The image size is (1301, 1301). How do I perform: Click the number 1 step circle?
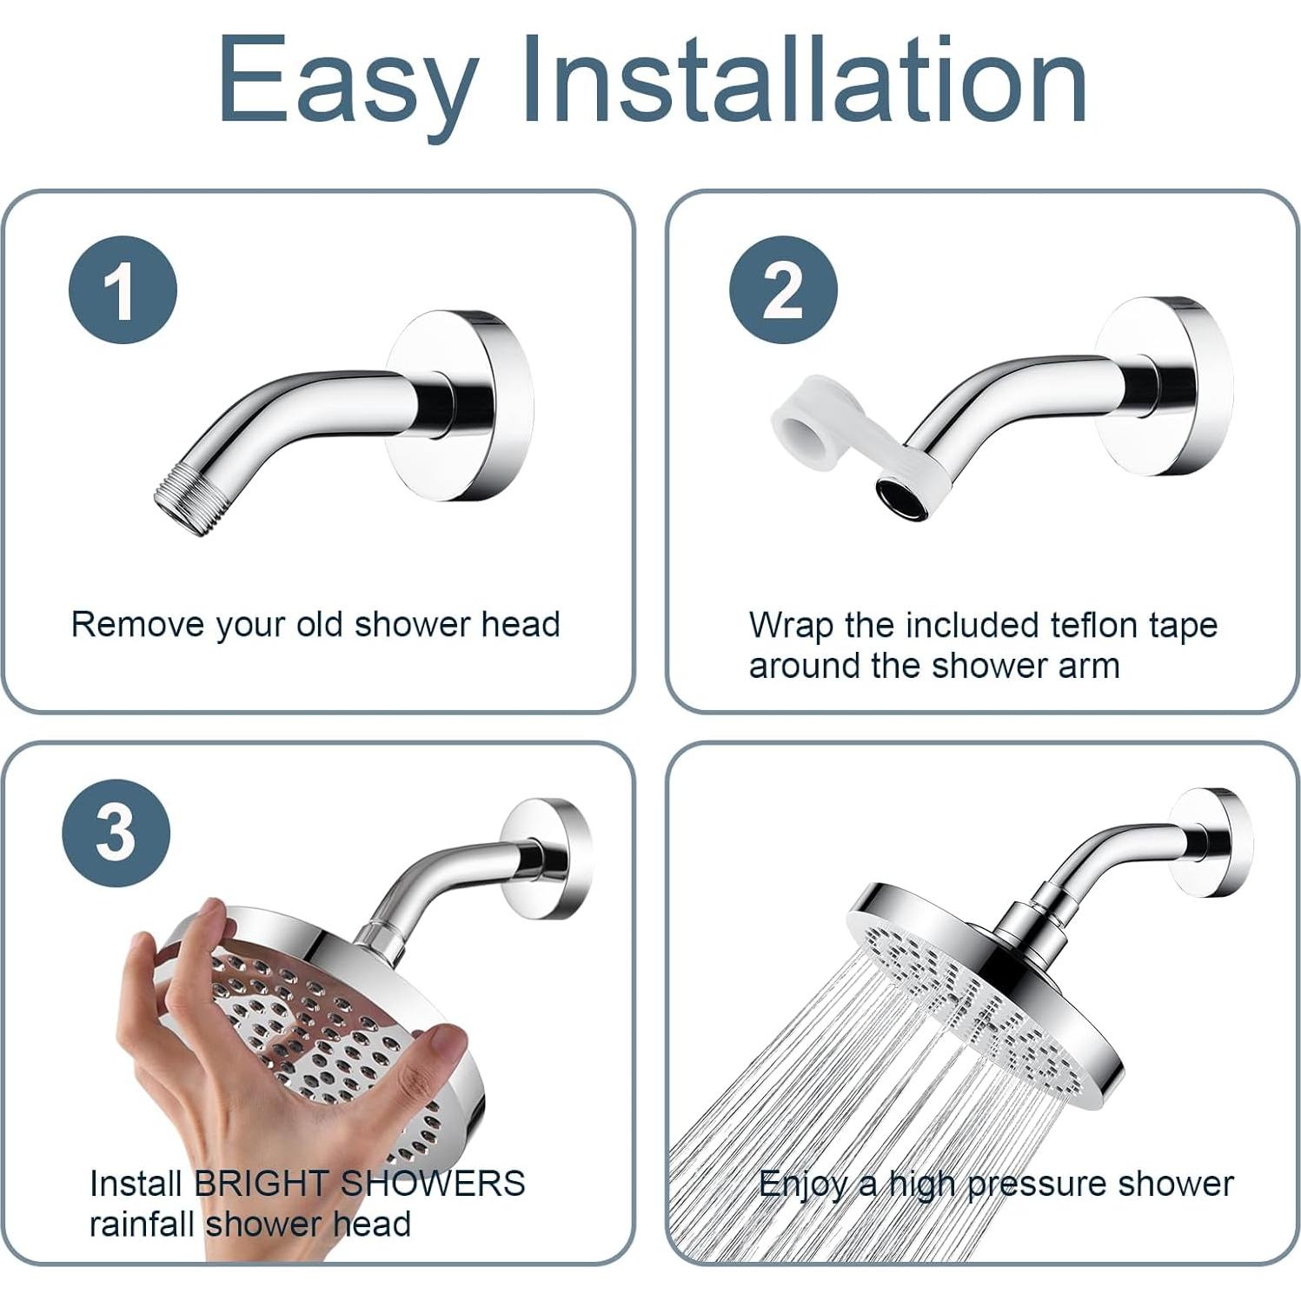click(123, 289)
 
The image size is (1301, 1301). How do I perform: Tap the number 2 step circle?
click(783, 289)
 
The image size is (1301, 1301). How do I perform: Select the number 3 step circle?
click(116, 833)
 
